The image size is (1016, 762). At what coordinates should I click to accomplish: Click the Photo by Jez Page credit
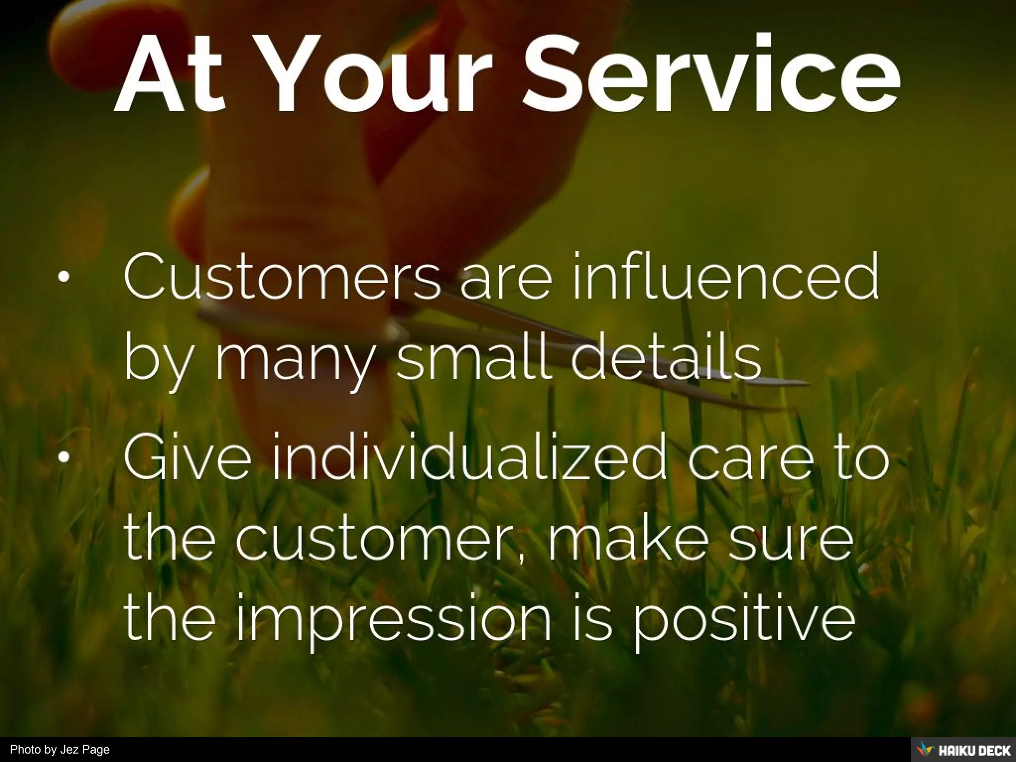coord(60,750)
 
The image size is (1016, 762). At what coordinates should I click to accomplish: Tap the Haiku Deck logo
coord(963,750)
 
